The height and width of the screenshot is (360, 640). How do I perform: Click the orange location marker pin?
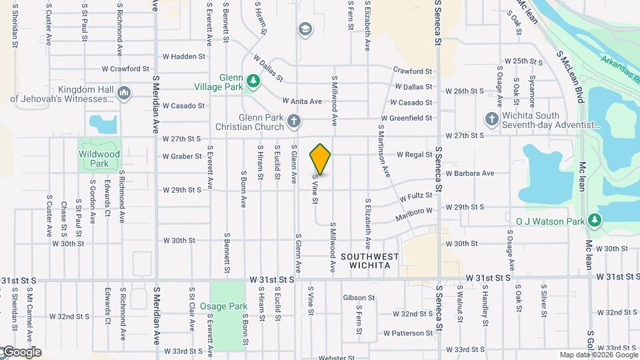click(x=320, y=159)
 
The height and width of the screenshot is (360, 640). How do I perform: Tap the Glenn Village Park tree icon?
click(x=253, y=81)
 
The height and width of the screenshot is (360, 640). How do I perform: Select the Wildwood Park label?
click(x=99, y=159)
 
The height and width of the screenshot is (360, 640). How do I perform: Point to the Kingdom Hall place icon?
click(x=124, y=94)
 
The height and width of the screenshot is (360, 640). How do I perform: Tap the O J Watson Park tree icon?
click(x=594, y=220)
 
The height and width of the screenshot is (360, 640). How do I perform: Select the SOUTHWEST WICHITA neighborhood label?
click(x=369, y=261)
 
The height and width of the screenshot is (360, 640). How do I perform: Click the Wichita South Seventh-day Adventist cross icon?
click(x=491, y=119)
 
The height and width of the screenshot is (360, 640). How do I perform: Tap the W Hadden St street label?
click(x=183, y=57)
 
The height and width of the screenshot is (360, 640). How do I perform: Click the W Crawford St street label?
click(x=125, y=69)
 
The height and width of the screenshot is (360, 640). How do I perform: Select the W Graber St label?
click(x=182, y=157)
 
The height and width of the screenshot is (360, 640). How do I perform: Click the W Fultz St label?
click(x=417, y=198)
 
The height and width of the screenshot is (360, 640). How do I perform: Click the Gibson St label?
click(x=364, y=297)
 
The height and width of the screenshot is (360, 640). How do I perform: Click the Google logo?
click(x=21, y=352)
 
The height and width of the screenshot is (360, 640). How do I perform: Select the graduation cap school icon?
click(x=305, y=29)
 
